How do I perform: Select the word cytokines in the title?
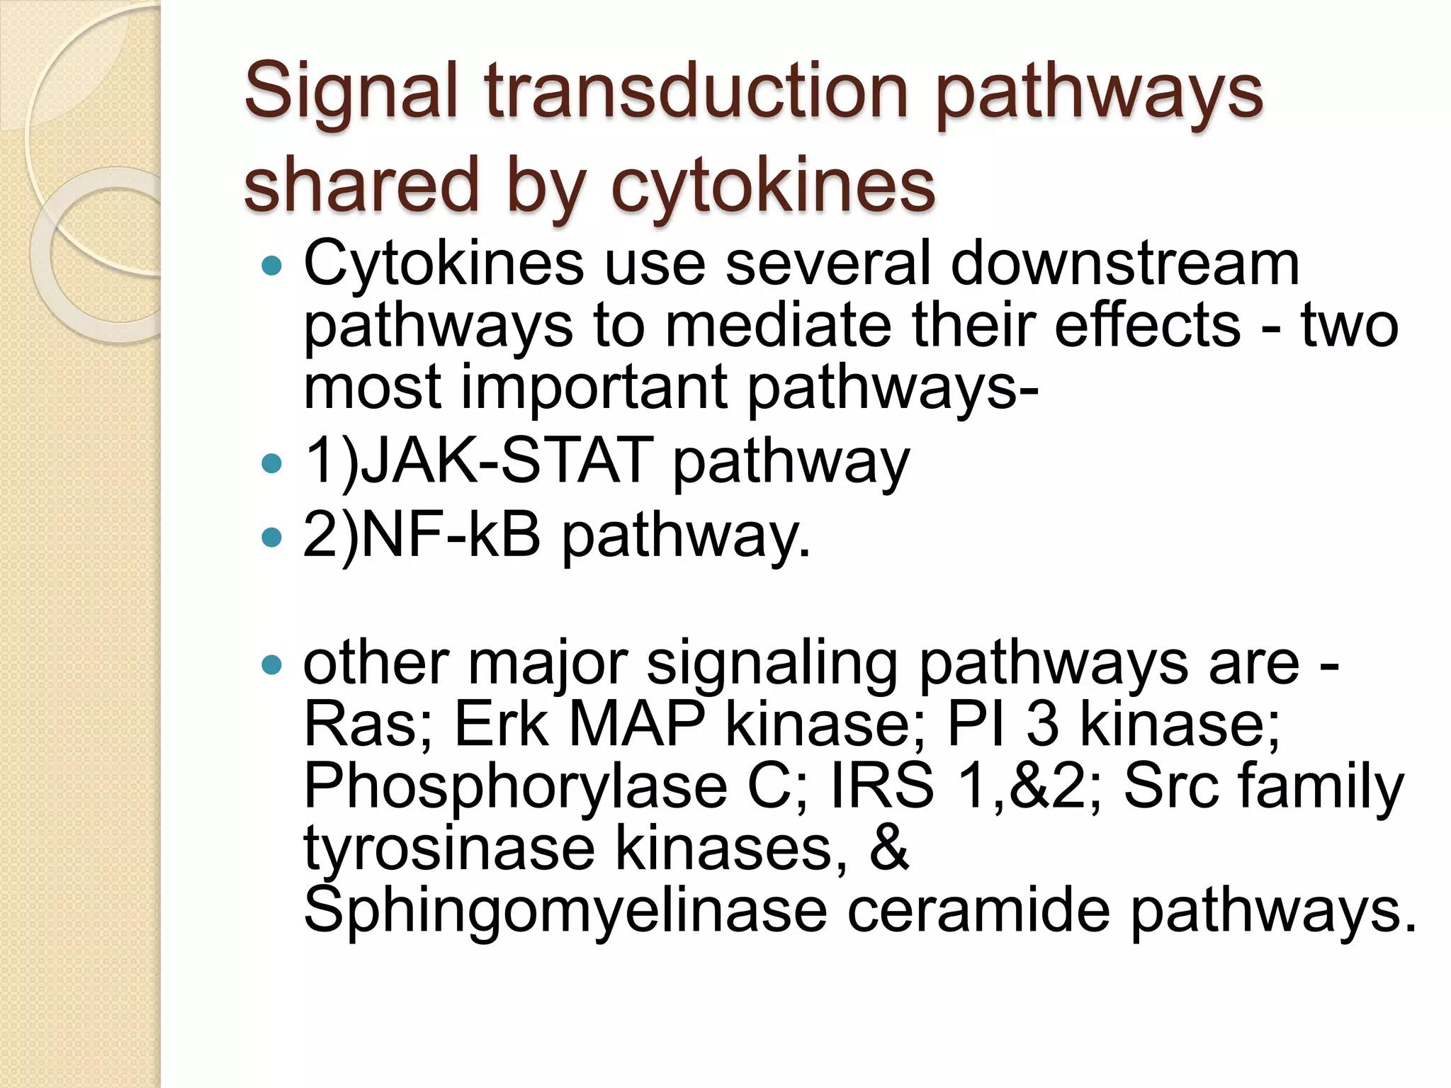coord(772,186)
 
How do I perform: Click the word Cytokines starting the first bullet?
coord(443,263)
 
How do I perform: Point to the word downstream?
coord(1124,263)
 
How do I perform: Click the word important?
coord(594,387)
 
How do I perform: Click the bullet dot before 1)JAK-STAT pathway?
coord(271,465)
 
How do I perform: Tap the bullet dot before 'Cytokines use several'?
coord(271,267)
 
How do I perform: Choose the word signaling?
coord(772,664)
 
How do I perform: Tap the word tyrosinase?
coord(449,849)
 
